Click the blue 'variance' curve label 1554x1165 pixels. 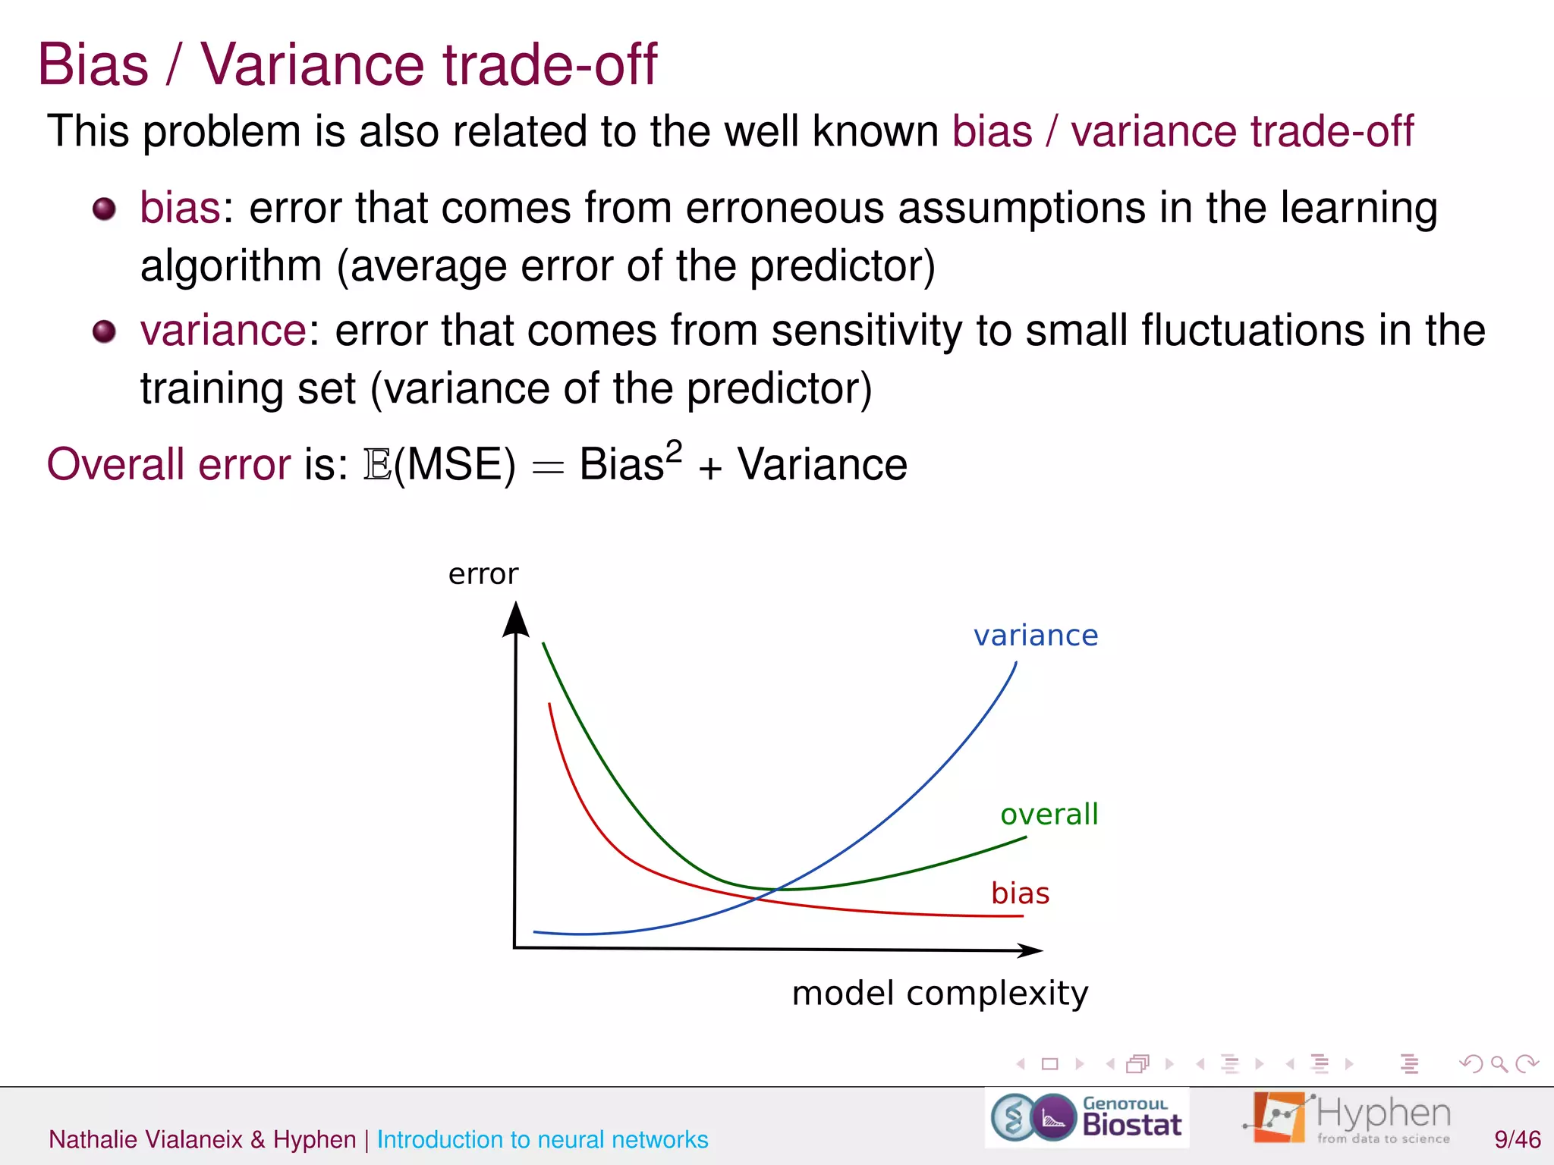(x=1036, y=636)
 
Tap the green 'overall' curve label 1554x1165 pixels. (x=1049, y=815)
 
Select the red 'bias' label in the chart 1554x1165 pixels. (x=1020, y=893)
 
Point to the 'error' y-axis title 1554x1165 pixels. (x=483, y=574)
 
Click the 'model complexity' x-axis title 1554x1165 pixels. (x=939, y=993)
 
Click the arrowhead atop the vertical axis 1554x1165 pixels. (x=516, y=618)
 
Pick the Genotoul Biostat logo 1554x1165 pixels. (x=1087, y=1118)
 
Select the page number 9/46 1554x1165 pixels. (x=1517, y=1139)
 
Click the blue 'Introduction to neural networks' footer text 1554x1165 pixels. (x=542, y=1139)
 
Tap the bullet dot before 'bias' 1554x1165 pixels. (x=104, y=209)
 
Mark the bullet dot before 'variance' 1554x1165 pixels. (x=104, y=331)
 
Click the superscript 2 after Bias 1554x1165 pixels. (x=674, y=451)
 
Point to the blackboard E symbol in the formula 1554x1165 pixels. (x=377, y=464)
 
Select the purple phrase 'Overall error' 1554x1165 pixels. (x=168, y=464)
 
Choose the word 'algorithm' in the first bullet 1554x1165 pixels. (x=231, y=266)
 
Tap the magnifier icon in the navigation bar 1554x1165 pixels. (x=1499, y=1064)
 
